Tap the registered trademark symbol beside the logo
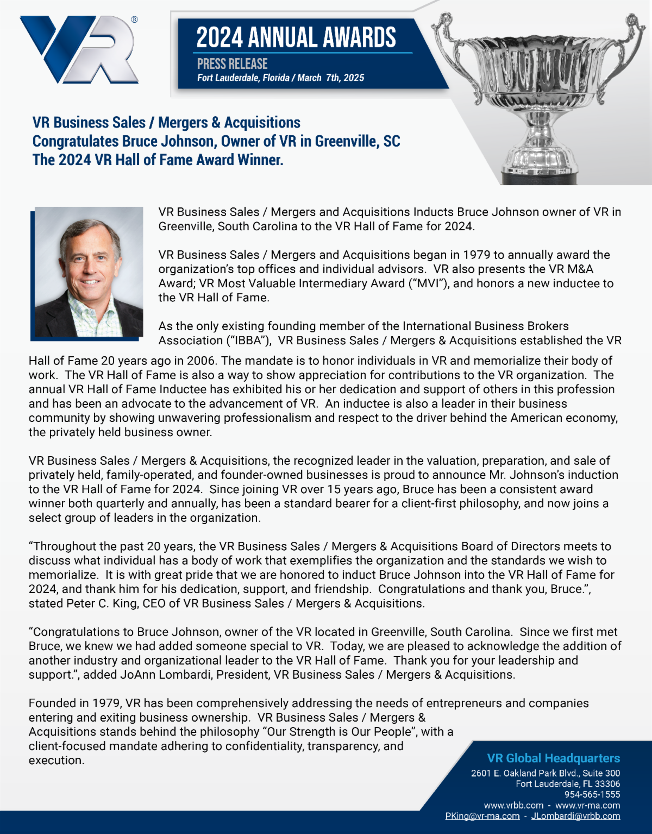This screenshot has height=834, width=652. click(134, 20)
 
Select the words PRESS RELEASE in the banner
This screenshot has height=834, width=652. click(232, 64)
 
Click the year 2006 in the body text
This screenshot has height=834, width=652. click(202, 361)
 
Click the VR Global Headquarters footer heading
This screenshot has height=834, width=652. click(553, 758)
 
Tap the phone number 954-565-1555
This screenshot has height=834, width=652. click(592, 794)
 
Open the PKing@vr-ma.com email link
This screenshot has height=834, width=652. click(482, 816)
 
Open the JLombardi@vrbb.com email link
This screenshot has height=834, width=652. click(575, 816)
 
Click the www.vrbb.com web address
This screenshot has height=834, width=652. click(513, 805)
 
